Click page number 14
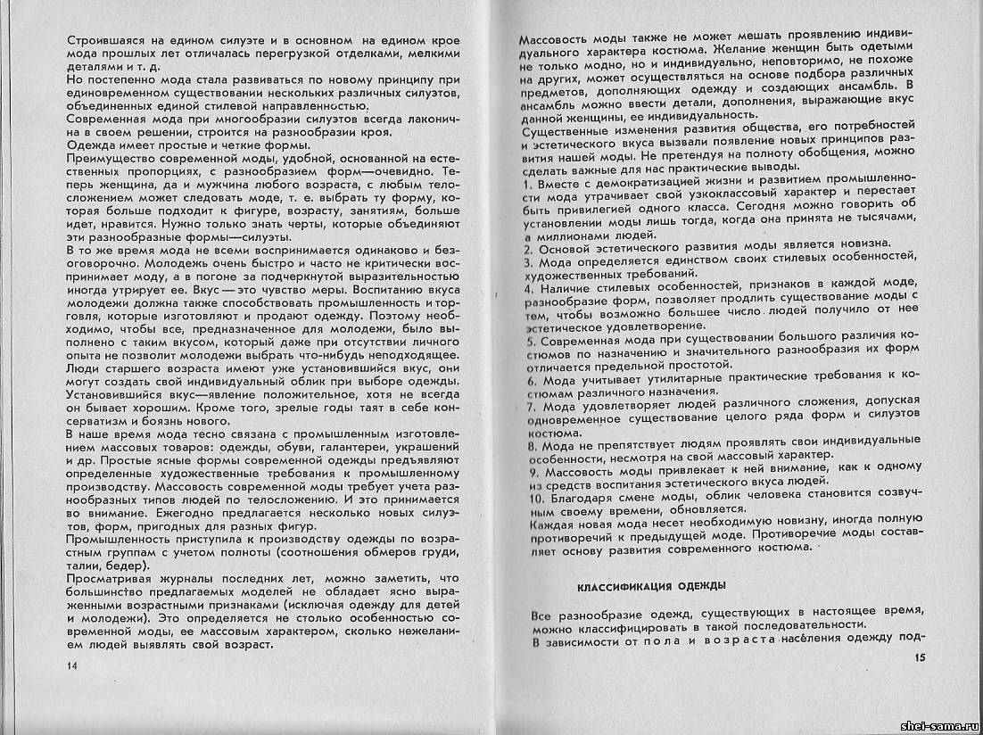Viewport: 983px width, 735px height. [x=72, y=665]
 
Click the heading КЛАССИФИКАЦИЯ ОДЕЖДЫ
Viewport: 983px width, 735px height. [x=649, y=585]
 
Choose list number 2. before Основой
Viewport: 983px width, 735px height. [x=527, y=244]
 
